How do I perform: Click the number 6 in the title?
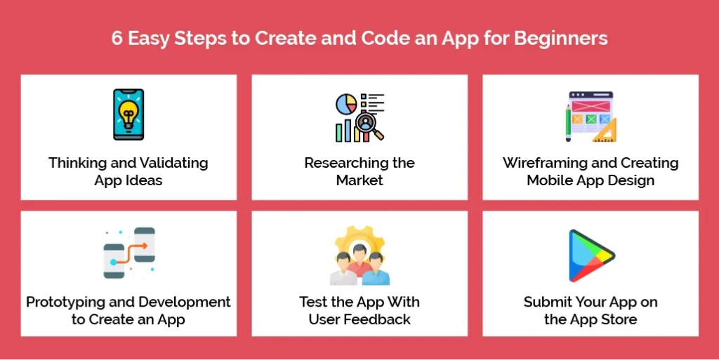point(117,39)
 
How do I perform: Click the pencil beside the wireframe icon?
point(567,123)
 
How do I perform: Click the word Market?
point(359,180)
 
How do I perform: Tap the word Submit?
point(547,302)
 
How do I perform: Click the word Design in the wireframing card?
point(631,180)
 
